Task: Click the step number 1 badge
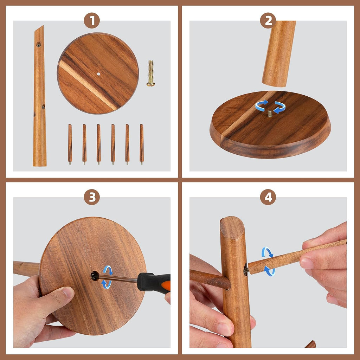tap(92, 21)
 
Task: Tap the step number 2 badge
tap(268, 21)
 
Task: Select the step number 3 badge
tap(92, 198)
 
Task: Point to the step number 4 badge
tap(268, 198)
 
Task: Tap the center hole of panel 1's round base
tap(98, 74)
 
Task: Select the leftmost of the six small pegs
tap(70, 143)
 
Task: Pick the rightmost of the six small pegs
tap(142, 143)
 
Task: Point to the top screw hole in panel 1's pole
tap(38, 44)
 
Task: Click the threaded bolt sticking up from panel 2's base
tap(270, 113)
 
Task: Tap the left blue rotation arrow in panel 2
tap(261, 105)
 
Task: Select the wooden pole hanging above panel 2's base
tap(278, 53)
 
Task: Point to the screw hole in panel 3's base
tap(95, 276)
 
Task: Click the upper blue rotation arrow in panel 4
tap(267, 252)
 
